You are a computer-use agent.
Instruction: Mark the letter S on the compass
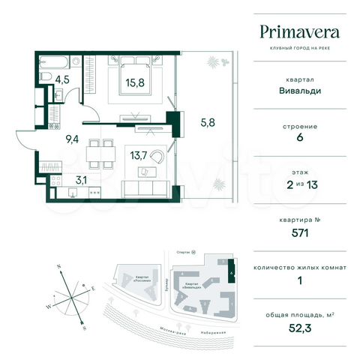[x=84, y=328]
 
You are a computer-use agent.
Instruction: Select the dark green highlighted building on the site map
[x=231, y=268]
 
